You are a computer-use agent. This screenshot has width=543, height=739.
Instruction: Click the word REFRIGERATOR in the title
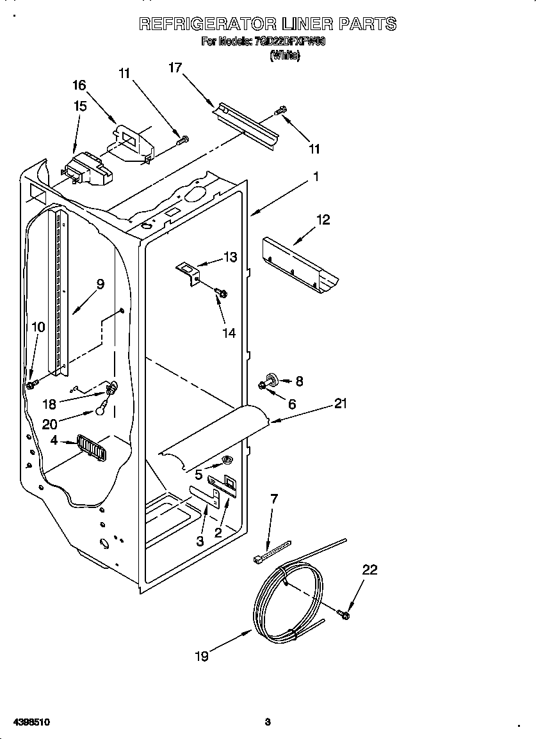(208, 24)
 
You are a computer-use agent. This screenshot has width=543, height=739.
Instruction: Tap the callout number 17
(176, 67)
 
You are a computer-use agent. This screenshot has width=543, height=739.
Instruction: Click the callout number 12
(323, 219)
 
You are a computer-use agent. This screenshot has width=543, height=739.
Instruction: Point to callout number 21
(340, 403)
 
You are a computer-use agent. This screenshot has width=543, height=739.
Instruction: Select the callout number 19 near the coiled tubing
(202, 656)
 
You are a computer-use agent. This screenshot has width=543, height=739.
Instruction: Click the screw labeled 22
(344, 616)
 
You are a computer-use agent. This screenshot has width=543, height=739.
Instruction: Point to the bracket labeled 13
(189, 272)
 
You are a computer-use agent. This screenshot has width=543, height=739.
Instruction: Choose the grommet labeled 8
(271, 380)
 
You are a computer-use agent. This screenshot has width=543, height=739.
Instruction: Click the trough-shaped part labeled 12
(301, 264)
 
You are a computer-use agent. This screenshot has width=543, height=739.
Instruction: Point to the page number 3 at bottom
(268, 722)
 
